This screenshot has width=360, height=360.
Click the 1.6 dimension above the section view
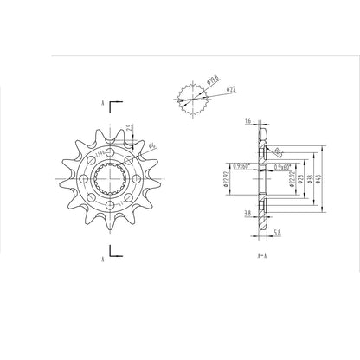point(248,121)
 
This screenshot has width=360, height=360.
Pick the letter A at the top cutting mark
point(103,102)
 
